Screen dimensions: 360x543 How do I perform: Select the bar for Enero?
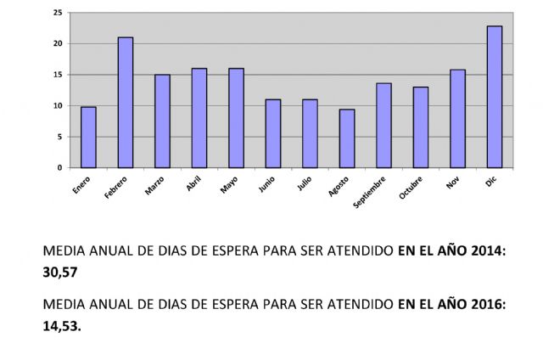pos(88,138)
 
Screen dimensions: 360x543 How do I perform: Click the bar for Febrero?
pos(126,103)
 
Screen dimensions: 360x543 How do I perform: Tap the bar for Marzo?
pos(162,121)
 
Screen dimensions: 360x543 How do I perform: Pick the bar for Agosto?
pos(347,138)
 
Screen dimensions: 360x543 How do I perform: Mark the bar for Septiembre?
pos(383,126)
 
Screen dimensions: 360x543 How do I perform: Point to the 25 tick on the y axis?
pos(57,13)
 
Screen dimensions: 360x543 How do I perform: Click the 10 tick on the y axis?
pos(57,106)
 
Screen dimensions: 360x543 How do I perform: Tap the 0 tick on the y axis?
pos(59,168)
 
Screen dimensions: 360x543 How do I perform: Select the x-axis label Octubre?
pos(411,188)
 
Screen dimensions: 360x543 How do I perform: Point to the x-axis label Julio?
pos(305,183)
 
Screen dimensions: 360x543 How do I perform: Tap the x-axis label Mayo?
pos(230,183)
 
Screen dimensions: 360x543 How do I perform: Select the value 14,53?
pos(61,324)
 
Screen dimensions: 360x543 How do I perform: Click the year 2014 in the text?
pos(486,252)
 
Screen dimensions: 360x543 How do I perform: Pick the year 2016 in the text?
pos(486,303)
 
